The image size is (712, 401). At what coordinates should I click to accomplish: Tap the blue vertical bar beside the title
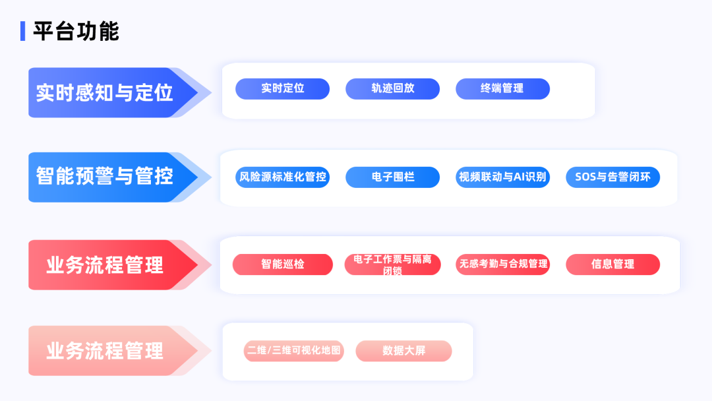click(x=22, y=31)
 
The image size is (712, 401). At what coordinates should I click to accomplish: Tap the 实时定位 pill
click(x=282, y=88)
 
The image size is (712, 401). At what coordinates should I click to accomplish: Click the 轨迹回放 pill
click(x=393, y=88)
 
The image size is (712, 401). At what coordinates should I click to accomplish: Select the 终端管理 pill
click(x=502, y=88)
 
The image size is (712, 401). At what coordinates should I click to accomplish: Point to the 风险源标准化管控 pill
click(x=282, y=177)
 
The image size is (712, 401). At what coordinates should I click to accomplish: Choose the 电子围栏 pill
click(x=393, y=177)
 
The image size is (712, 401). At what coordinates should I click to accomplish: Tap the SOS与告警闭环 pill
click(x=613, y=177)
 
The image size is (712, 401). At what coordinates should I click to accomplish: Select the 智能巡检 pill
click(x=282, y=264)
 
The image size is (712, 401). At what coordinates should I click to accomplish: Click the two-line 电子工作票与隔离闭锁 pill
click(x=393, y=264)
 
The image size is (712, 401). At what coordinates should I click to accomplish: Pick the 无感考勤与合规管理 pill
click(x=502, y=264)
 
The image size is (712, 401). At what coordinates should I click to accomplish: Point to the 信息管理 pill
click(x=613, y=264)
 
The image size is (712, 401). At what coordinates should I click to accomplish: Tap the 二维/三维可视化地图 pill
click(x=294, y=351)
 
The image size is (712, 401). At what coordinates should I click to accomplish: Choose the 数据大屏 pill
click(x=403, y=351)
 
